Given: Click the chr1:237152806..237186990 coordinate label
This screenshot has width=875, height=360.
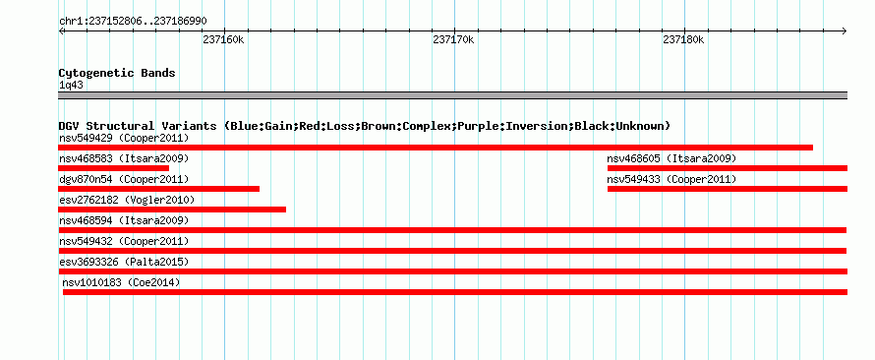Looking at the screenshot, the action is pyautogui.click(x=133, y=22).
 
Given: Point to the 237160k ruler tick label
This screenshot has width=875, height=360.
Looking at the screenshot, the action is pyautogui.click(x=224, y=39).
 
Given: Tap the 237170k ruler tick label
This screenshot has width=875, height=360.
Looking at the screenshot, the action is pyautogui.click(x=453, y=39).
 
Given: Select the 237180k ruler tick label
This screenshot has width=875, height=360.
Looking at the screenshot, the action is pyautogui.click(x=683, y=39).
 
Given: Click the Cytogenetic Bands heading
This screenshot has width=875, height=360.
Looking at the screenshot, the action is pyautogui.click(x=117, y=73).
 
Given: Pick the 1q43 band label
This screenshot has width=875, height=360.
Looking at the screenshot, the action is pyautogui.click(x=71, y=85).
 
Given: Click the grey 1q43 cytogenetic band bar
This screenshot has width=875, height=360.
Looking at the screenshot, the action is pyautogui.click(x=452, y=94).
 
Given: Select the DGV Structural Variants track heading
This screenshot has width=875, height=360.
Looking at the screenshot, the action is pyautogui.click(x=365, y=126).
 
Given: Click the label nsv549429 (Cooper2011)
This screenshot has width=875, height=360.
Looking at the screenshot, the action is pyautogui.click(x=124, y=138).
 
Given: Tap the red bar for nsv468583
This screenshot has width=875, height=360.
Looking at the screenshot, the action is pyautogui.click(x=113, y=168).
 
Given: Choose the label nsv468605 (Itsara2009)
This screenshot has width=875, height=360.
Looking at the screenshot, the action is pyautogui.click(x=671, y=159).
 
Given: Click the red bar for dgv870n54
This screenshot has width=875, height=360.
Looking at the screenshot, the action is pyautogui.click(x=158, y=189).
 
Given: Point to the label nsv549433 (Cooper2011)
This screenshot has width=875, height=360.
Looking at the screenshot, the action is pyautogui.click(x=671, y=180).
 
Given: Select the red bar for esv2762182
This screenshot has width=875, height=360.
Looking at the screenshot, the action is pyautogui.click(x=172, y=210).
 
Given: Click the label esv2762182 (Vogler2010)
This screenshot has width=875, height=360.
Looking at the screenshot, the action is pyautogui.click(x=127, y=200).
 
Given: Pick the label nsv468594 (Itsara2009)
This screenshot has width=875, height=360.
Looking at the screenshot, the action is pyautogui.click(x=124, y=220).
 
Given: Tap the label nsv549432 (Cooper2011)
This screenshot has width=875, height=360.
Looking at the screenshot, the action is pyautogui.click(x=124, y=241).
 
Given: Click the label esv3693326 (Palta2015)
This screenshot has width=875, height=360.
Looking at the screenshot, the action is pyautogui.click(x=124, y=262).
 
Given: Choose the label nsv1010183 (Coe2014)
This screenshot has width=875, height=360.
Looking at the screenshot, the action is pyautogui.click(x=121, y=282).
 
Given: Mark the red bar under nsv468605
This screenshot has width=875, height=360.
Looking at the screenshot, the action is pyautogui.click(x=728, y=168).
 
